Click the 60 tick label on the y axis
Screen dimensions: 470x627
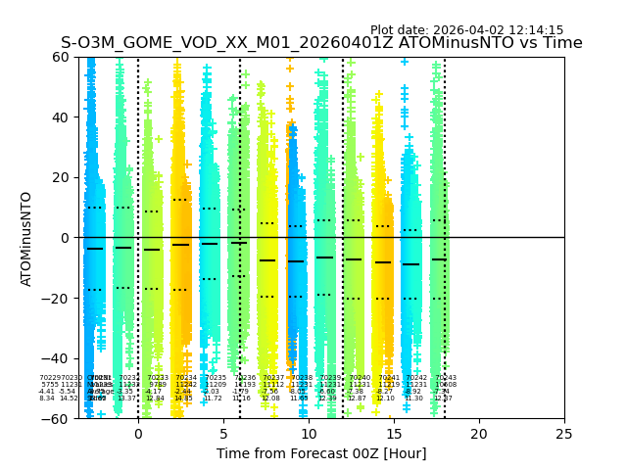point(61,57)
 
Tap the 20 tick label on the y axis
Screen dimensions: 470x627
point(61,177)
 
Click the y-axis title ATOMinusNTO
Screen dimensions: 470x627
point(27,238)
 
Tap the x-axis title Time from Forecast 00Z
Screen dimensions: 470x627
point(308,453)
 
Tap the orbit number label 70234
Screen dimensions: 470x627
point(186,378)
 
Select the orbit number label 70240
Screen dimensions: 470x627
point(360,378)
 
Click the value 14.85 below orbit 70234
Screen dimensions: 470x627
point(183,399)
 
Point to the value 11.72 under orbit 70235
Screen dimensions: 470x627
point(213,399)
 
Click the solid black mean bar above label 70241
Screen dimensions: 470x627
point(383,262)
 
